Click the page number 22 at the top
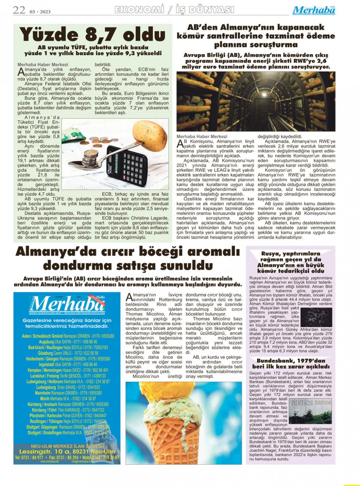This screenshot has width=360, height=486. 19,10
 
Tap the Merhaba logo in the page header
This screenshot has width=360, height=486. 314,10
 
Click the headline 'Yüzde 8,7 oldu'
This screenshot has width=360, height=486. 92,34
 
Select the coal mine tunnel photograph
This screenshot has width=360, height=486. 256,101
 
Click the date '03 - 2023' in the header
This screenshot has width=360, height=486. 40,12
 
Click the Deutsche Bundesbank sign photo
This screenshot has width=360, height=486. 310,410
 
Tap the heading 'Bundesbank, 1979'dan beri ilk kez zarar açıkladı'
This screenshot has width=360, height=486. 290,364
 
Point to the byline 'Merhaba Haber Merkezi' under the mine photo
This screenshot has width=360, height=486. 202,137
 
